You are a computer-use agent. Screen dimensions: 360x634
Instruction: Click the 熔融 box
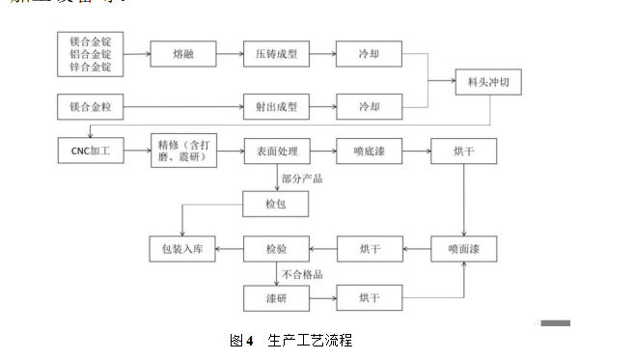point(183,54)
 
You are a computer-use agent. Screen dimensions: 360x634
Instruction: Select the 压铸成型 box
point(276,54)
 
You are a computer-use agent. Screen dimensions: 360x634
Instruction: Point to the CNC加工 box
point(91,152)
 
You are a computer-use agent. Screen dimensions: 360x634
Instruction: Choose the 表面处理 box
point(276,152)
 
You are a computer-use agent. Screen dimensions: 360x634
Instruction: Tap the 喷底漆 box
point(369,152)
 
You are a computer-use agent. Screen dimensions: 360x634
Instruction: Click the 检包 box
point(276,205)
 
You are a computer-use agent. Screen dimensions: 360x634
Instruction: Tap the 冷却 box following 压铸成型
point(369,54)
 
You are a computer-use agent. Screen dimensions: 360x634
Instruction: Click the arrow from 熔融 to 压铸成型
point(230,54)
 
